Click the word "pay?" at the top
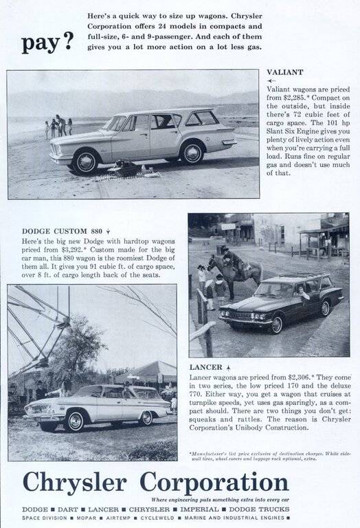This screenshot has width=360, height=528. pos(47,42)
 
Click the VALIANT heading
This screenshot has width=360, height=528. pos(285,71)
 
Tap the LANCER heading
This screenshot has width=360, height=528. pos(205,367)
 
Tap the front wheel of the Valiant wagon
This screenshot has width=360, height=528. pos(87,162)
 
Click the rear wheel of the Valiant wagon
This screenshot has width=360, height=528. pos(192,153)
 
